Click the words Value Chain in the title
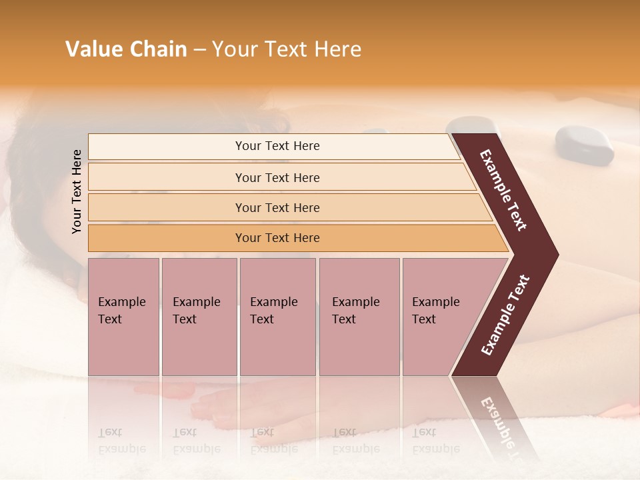126,49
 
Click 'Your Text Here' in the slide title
287,49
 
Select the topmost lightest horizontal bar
273,146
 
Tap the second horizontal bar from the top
277,177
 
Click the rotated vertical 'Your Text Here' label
77,191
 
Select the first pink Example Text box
123,317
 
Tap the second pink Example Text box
199,317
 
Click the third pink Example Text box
277,317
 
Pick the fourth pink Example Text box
359,317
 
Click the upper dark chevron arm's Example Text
504,190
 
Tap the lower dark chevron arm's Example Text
505,315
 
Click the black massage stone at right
585,145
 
